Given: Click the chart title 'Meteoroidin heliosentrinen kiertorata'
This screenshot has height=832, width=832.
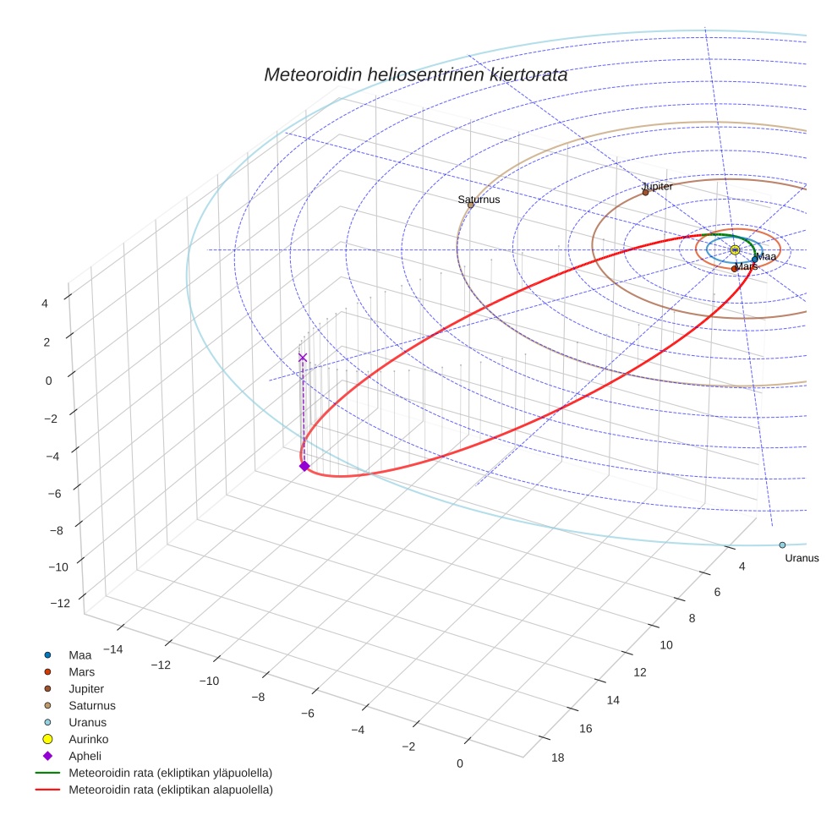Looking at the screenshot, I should (x=415, y=74).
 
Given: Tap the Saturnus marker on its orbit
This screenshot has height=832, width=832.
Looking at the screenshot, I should (x=470, y=205).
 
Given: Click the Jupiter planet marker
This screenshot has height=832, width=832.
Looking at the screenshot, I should (x=645, y=192).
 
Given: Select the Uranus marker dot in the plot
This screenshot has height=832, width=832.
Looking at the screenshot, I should (x=782, y=545).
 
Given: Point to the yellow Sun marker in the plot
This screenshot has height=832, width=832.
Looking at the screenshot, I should (x=735, y=249).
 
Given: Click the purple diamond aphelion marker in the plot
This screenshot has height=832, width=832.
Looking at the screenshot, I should (x=304, y=466).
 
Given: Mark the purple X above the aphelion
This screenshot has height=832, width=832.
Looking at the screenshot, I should (x=303, y=358).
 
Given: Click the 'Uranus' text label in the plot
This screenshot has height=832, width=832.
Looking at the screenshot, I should (x=802, y=558).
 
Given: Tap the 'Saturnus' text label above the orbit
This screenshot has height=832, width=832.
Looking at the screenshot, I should (x=479, y=200).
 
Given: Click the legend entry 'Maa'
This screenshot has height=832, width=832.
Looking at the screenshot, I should (x=79, y=655).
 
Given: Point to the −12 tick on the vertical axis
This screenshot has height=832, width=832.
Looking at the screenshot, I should (x=60, y=604).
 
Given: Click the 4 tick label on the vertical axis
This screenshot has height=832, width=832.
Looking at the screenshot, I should (x=46, y=303).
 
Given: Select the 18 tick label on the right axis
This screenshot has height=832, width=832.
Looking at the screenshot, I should (x=558, y=758).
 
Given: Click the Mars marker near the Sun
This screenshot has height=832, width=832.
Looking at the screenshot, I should (x=734, y=269).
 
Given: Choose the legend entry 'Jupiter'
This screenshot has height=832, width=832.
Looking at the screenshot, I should (x=86, y=689).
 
